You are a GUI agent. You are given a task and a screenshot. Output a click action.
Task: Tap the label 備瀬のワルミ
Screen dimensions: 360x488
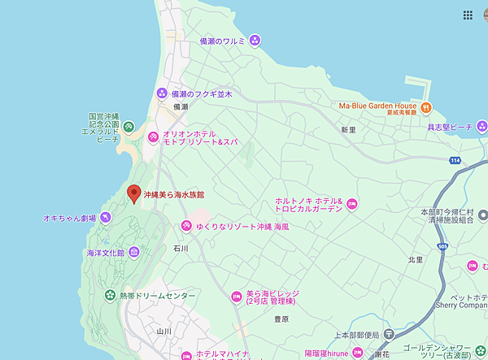point(222,39)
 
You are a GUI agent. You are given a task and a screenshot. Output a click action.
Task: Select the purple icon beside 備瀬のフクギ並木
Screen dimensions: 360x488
point(161,94)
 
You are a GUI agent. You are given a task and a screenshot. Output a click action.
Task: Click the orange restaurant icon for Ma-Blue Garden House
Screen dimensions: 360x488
point(425,106)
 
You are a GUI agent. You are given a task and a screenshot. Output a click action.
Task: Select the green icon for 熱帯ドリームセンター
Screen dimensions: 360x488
point(110,296)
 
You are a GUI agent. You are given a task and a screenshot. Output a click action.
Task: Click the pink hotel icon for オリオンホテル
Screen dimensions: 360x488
point(152,137)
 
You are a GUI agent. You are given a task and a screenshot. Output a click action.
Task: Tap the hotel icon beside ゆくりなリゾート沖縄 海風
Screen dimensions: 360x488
point(185,223)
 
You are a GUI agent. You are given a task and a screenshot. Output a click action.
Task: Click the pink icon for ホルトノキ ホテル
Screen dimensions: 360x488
point(351,204)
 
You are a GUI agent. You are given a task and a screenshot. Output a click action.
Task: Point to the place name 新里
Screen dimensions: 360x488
point(348,130)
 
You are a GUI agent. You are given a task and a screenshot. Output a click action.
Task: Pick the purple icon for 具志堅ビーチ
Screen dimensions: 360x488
point(481,126)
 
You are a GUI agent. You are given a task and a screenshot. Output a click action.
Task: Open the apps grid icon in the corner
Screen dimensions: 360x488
point(468,15)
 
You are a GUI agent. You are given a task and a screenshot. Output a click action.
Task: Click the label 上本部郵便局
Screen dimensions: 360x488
point(357,335)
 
